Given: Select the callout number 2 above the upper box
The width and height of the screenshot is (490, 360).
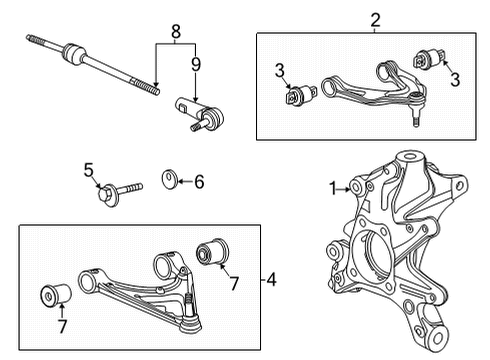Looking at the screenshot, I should pos(375,18).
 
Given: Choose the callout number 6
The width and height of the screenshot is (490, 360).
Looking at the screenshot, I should pos(198,181).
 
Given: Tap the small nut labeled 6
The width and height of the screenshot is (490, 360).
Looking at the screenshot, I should pos(170,181).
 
